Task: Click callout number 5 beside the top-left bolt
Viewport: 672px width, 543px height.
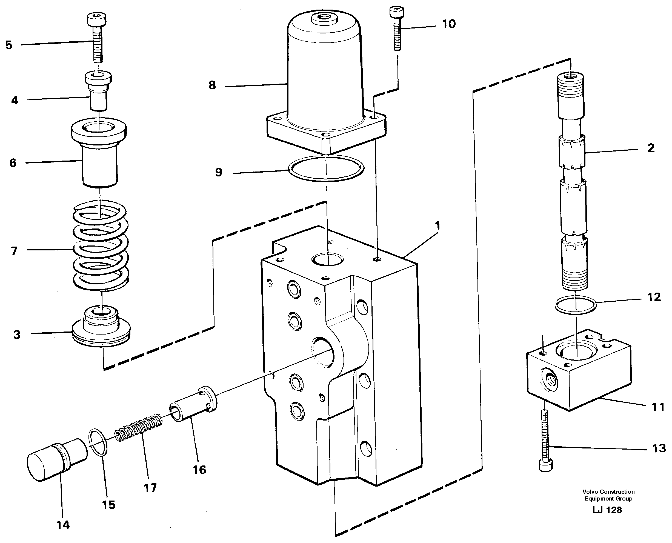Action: pyautogui.click(x=9, y=45)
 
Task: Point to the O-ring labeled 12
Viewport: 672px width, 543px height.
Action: pyautogui.click(x=575, y=305)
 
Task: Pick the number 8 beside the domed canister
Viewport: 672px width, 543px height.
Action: pyautogui.click(x=212, y=85)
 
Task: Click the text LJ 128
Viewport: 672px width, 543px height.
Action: pyautogui.click(x=607, y=510)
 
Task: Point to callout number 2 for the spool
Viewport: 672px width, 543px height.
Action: pyautogui.click(x=651, y=148)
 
